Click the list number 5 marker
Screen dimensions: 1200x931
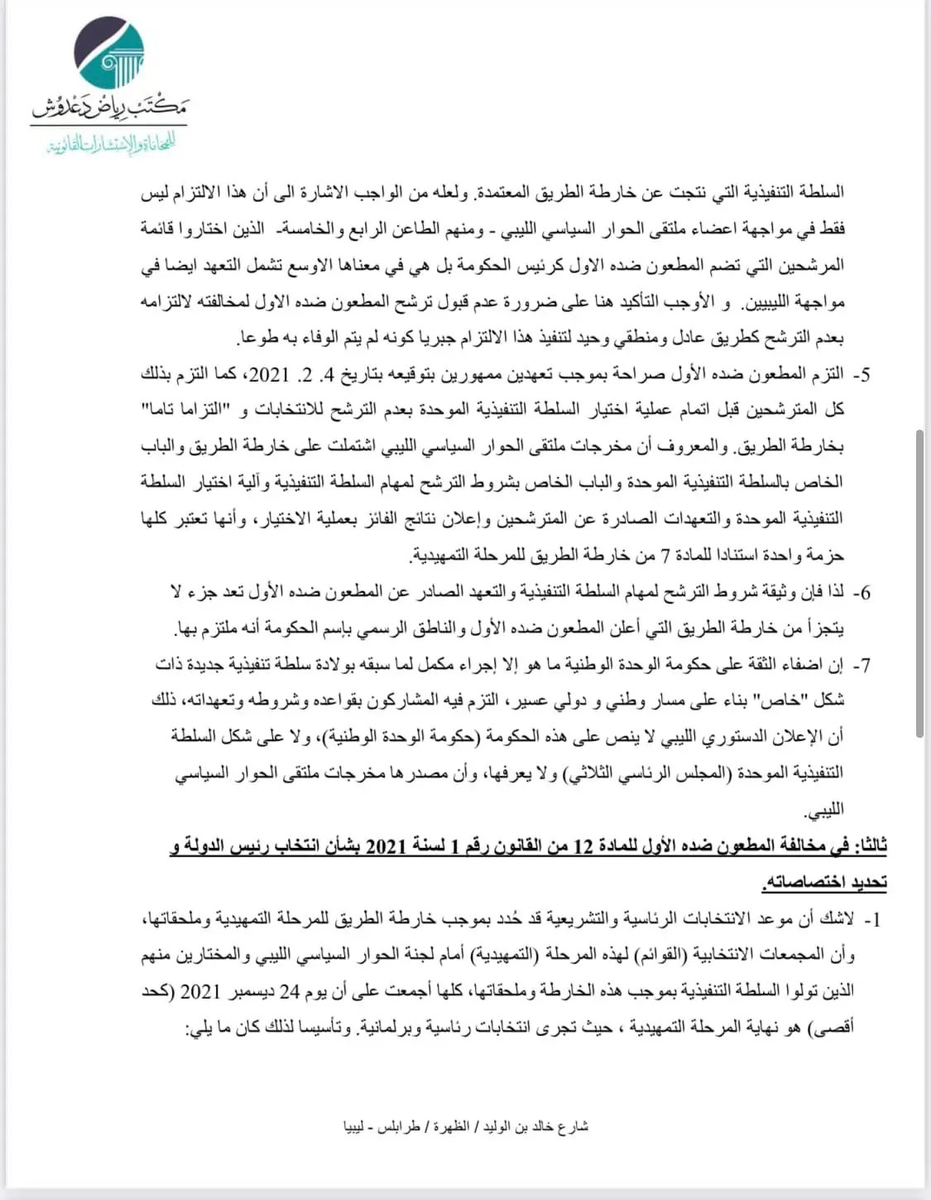click(862, 375)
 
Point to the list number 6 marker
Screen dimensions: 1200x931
click(862, 593)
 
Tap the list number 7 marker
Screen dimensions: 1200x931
click(862, 665)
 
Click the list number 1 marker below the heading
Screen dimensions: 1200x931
click(871, 919)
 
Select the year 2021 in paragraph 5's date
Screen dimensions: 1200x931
click(269, 375)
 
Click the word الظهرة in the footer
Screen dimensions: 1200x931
click(450, 1126)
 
